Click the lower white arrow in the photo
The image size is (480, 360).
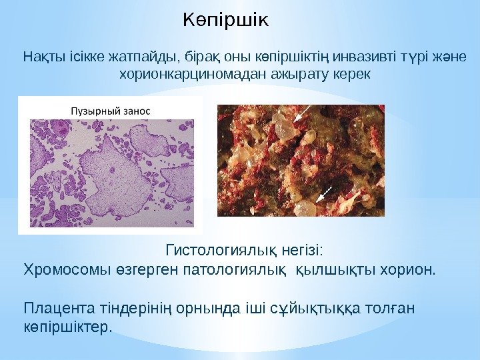(324, 194)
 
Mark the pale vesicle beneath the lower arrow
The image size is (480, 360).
(305, 209)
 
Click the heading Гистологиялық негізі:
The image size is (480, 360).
(243, 251)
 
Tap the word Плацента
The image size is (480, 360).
(51, 309)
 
